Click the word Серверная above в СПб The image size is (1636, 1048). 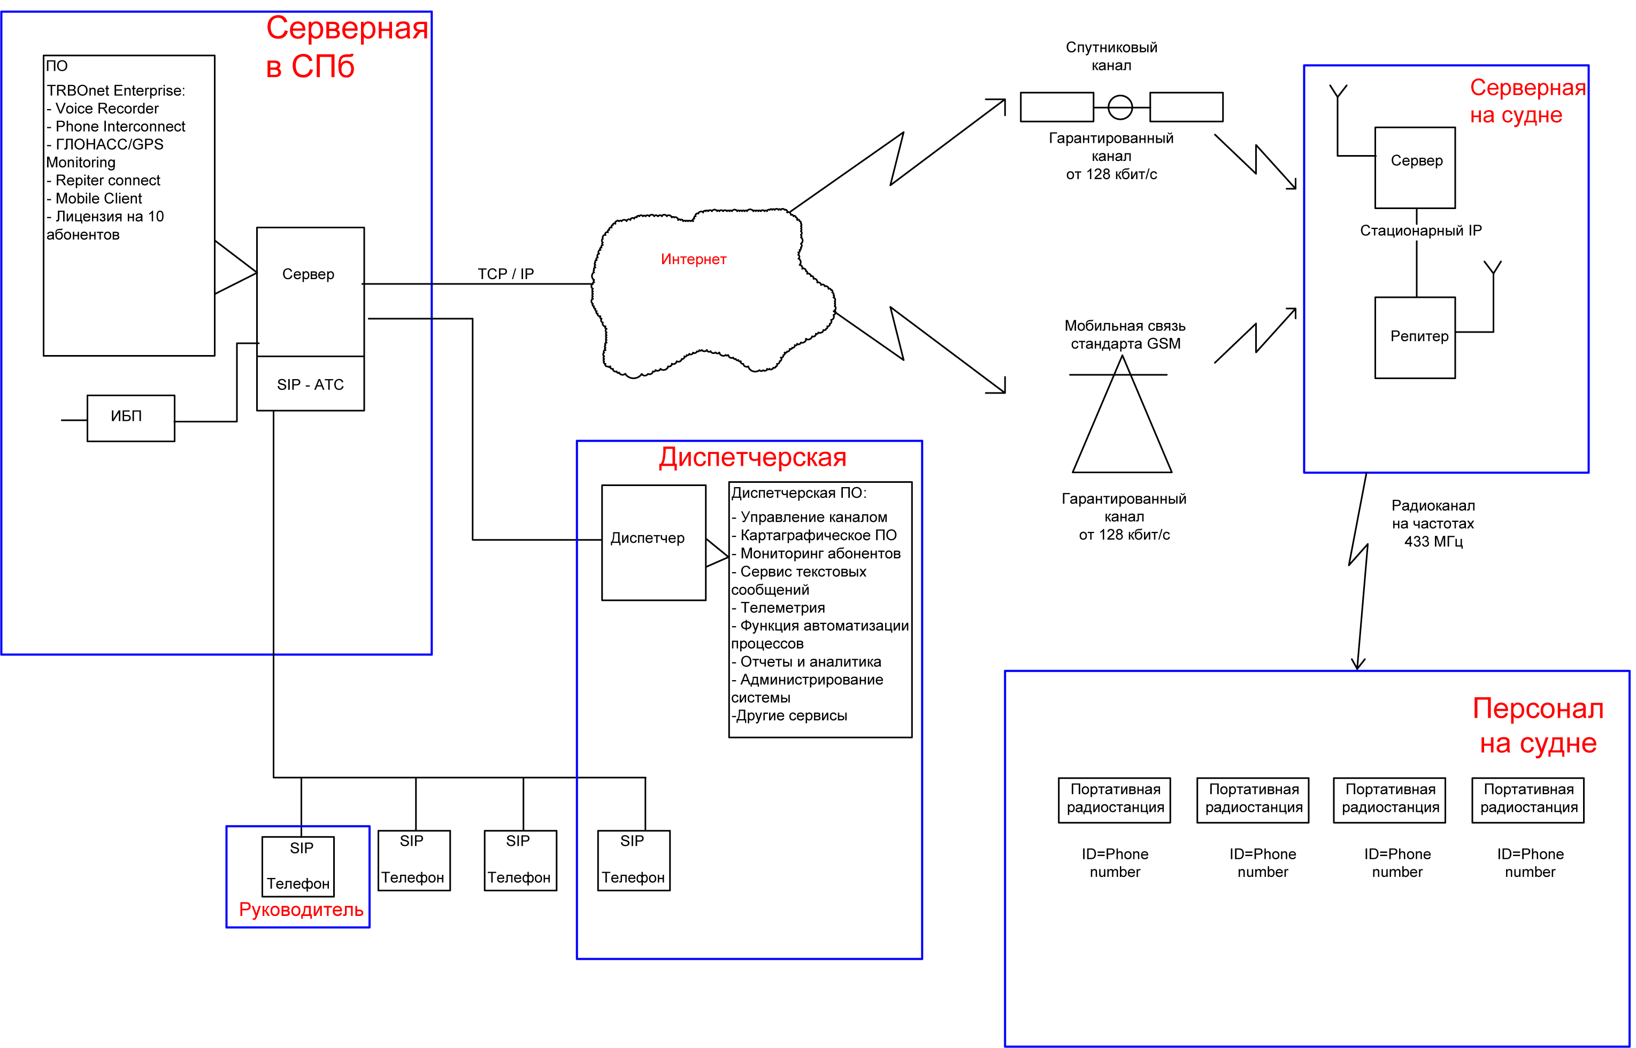point(347,28)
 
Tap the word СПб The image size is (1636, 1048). point(322,67)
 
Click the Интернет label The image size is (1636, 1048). point(694,259)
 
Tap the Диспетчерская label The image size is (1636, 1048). point(752,457)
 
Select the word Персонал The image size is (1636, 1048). point(1538,709)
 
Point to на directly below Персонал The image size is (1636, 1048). point(1495,744)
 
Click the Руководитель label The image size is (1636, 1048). point(301,910)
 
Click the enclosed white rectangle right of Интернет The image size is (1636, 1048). point(1081,249)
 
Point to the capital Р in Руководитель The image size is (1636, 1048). point(244,910)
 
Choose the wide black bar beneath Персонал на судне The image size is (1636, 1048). point(1385,827)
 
